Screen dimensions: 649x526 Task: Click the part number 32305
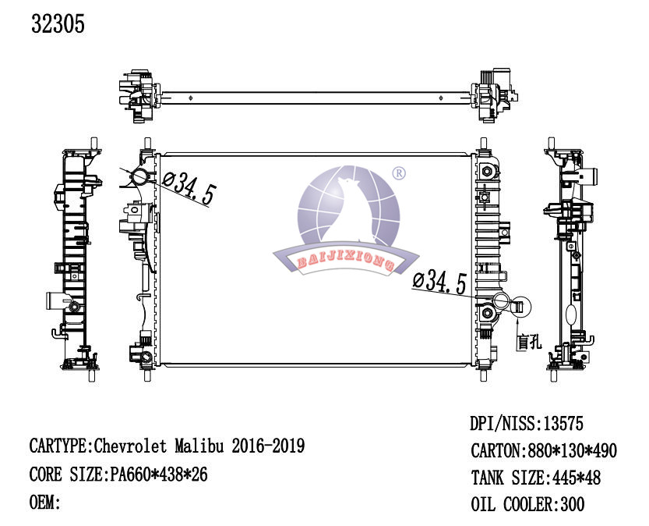click(x=58, y=23)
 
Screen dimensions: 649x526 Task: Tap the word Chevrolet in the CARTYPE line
click(x=130, y=446)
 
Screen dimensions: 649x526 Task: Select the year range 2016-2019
click(x=268, y=446)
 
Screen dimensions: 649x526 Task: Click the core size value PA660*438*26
click(x=158, y=474)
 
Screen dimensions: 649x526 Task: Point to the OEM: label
click(x=45, y=503)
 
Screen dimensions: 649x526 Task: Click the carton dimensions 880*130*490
click(x=572, y=450)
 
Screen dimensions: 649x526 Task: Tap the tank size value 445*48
click(x=576, y=478)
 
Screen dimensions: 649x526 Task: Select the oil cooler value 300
click(x=572, y=504)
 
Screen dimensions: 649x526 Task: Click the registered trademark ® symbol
click(x=399, y=172)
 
